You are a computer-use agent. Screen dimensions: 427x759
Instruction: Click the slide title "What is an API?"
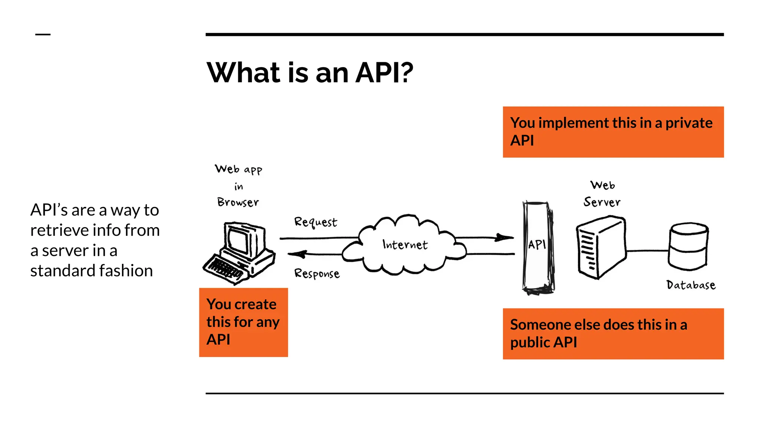tap(310, 72)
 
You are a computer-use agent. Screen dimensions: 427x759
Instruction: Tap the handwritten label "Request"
tap(315, 222)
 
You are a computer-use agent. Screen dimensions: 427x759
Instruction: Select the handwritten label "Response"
tap(317, 274)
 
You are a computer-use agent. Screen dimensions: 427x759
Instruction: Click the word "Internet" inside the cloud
tap(405, 245)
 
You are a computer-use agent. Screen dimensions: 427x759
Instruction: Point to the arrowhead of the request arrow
tap(505, 237)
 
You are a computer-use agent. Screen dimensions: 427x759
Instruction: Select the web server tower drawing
tap(601, 248)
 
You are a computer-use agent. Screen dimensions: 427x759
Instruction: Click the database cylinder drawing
tap(689, 246)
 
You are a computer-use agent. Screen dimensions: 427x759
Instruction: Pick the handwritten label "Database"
tap(691, 285)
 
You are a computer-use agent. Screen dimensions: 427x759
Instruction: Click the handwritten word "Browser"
tap(238, 202)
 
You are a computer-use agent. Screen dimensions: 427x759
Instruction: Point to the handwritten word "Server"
tap(602, 202)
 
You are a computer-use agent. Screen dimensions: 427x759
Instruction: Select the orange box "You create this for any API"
tap(243, 322)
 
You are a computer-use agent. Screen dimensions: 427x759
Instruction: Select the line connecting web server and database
tap(647, 251)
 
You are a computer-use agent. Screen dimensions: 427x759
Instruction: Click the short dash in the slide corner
tap(43, 34)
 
